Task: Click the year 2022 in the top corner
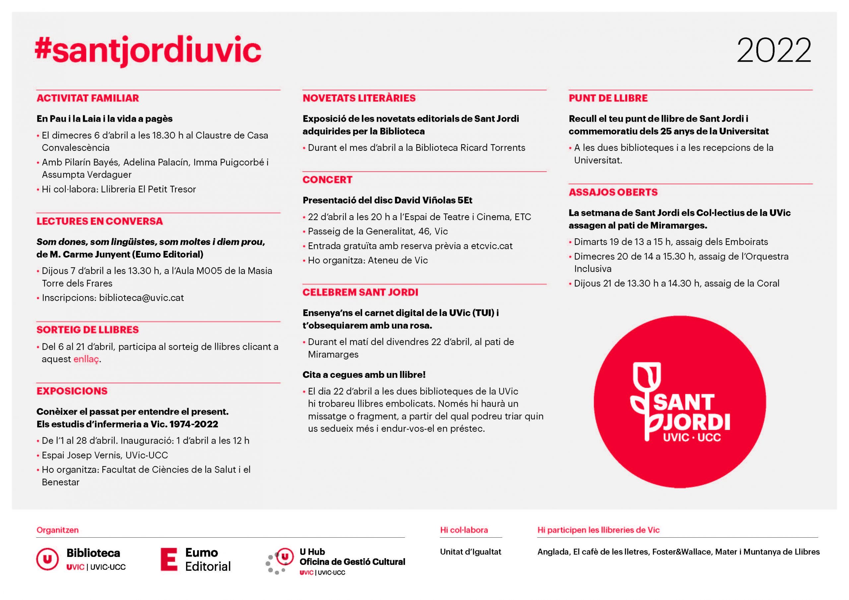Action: (x=774, y=51)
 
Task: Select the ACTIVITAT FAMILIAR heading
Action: (x=88, y=98)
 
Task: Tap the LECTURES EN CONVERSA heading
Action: (x=99, y=221)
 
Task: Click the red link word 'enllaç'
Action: (x=86, y=359)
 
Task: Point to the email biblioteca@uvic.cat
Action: (x=141, y=298)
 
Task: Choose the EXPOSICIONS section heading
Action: (x=72, y=391)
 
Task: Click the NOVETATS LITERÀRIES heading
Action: (x=359, y=98)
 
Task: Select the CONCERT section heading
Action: (x=327, y=180)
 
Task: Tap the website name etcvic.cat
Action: (x=491, y=246)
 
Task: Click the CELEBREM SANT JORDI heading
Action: (x=360, y=292)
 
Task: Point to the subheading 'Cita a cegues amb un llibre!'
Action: (x=364, y=375)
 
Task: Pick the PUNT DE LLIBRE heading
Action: (x=608, y=98)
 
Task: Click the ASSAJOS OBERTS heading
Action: (x=613, y=192)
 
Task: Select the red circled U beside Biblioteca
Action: (x=47, y=559)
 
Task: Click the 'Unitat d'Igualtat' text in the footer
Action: (x=470, y=552)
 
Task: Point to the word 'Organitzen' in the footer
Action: (x=57, y=530)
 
